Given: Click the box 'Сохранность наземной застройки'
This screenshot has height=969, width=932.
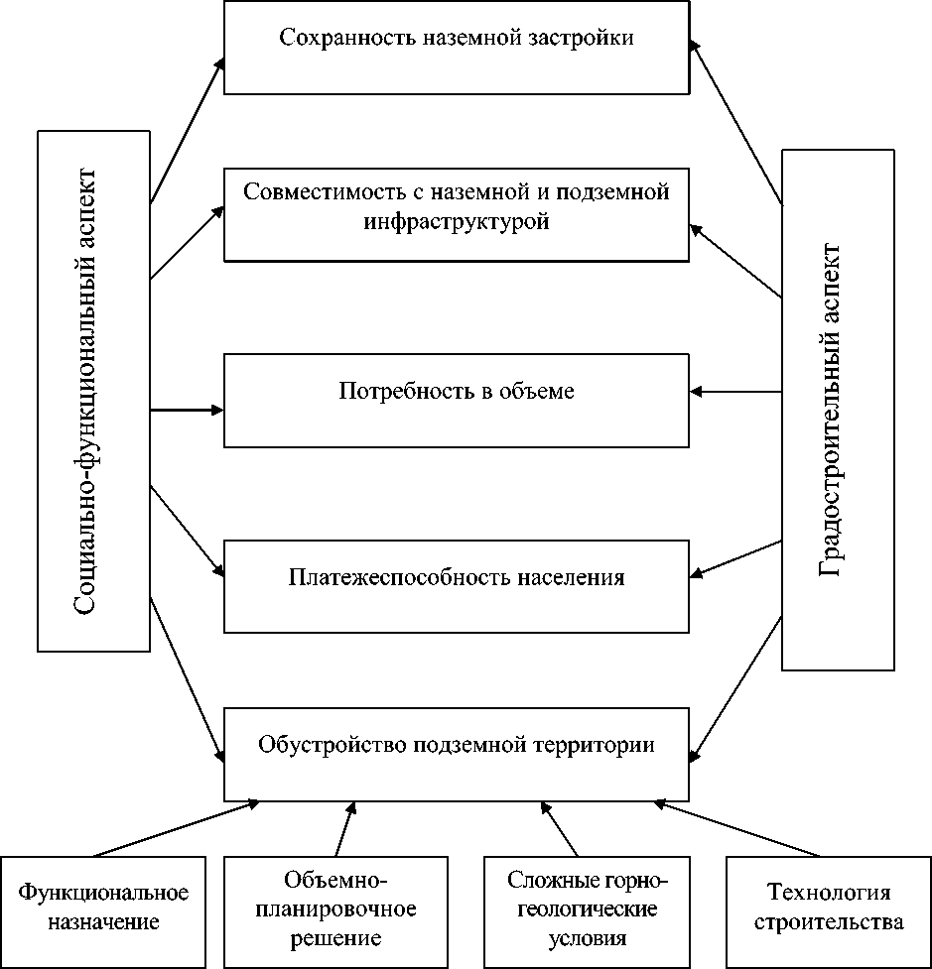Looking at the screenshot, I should (x=457, y=48).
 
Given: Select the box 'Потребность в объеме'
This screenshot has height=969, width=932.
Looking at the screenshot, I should (x=457, y=400).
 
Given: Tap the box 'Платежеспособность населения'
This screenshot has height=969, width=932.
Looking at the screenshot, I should (x=457, y=586).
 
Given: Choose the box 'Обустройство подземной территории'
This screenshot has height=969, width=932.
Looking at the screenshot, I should (x=457, y=755).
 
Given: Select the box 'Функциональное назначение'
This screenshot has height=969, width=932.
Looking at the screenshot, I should (x=103, y=910).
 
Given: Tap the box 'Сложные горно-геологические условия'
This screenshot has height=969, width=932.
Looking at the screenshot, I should (x=582, y=910).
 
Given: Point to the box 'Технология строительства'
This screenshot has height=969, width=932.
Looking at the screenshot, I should (x=828, y=910).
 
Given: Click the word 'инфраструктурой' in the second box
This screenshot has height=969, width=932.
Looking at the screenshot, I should (x=457, y=221).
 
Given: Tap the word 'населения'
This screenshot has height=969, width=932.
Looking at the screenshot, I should (x=572, y=577).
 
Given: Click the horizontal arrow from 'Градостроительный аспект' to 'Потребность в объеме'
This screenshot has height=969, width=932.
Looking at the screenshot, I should (x=736, y=392).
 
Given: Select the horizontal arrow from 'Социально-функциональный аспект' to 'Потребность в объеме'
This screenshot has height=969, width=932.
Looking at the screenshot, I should (x=187, y=409).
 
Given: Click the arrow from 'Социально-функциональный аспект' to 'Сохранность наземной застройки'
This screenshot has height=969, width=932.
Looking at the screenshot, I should (x=187, y=130).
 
